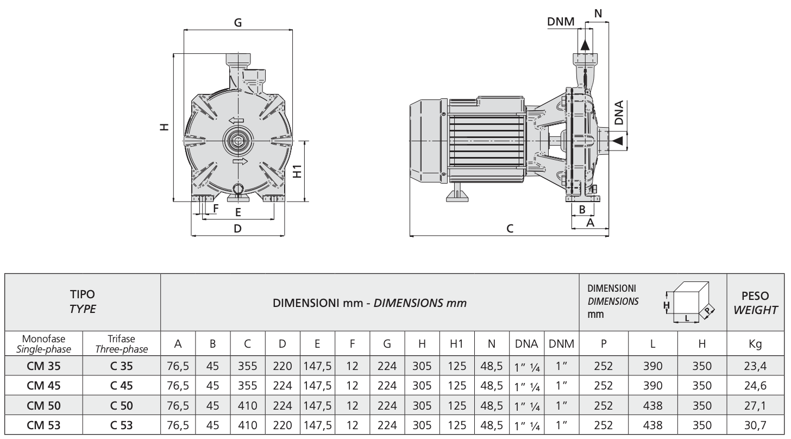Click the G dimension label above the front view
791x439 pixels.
(x=238, y=23)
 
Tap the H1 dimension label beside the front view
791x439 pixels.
(x=298, y=171)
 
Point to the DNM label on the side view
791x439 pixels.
(x=561, y=22)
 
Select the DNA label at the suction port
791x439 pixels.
(x=619, y=112)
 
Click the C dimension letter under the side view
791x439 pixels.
(x=510, y=229)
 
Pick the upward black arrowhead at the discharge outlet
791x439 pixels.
(x=585, y=45)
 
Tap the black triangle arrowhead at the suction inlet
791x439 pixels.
(x=618, y=141)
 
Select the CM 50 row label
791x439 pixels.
(x=44, y=406)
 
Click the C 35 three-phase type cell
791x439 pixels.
(x=122, y=366)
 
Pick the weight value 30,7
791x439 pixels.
(x=755, y=425)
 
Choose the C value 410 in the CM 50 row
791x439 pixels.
(x=248, y=406)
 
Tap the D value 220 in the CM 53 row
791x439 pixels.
(x=282, y=425)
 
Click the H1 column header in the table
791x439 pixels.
(x=457, y=343)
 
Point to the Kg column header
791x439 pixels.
(x=755, y=344)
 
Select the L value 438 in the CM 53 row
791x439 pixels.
(x=652, y=425)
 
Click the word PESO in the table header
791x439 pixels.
(x=755, y=296)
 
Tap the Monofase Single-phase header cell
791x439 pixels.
(x=44, y=344)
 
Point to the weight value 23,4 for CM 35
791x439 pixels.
(x=755, y=366)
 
